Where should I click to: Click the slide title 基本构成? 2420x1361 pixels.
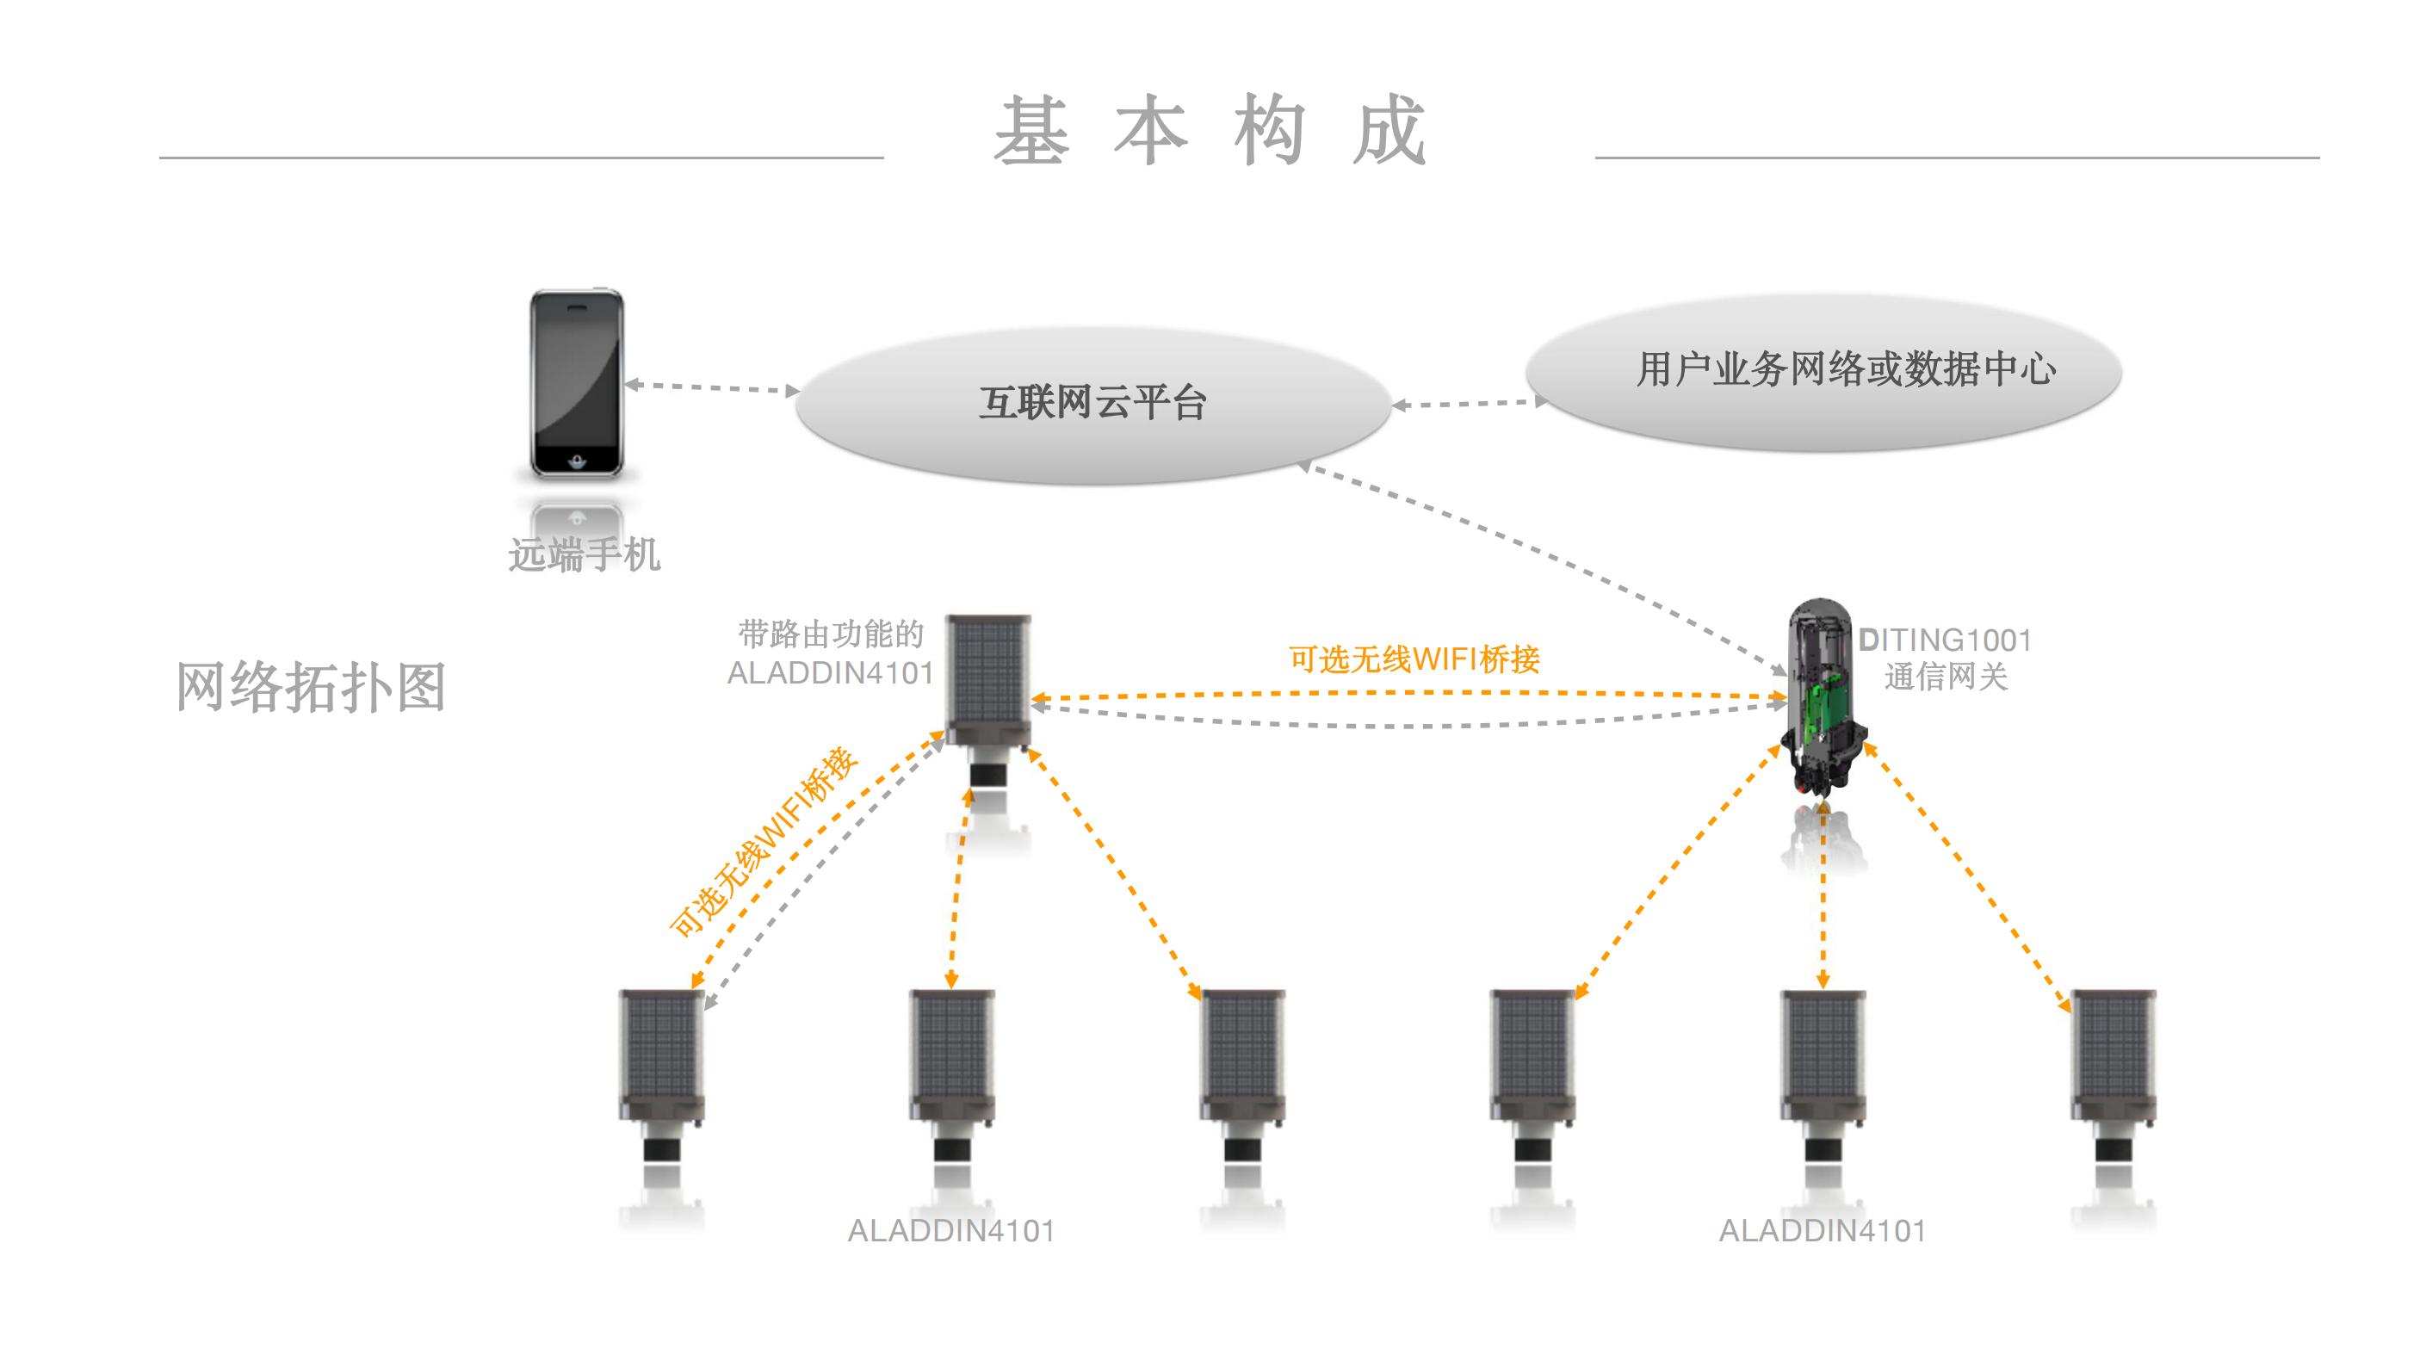[x=1210, y=132]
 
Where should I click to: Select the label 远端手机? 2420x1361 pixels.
[x=585, y=554]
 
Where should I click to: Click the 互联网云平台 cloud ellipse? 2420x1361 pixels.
[x=1092, y=404]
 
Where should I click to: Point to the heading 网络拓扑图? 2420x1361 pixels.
[x=311, y=688]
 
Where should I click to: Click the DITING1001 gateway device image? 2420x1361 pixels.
[x=1820, y=700]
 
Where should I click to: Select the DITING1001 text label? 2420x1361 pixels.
[x=1945, y=640]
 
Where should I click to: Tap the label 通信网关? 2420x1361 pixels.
[x=1946, y=677]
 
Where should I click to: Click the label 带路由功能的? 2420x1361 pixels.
[x=832, y=635]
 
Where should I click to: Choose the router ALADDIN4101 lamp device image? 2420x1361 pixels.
[x=987, y=695]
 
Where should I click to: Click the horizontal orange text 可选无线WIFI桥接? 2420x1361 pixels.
[x=1414, y=659]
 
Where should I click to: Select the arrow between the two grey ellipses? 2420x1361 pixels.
[x=1469, y=404]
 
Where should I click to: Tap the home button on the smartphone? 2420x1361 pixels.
[x=577, y=461]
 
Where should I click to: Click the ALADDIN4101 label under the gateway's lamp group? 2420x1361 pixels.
[x=1822, y=1231]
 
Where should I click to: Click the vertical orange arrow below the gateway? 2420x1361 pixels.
[x=1823, y=893]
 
